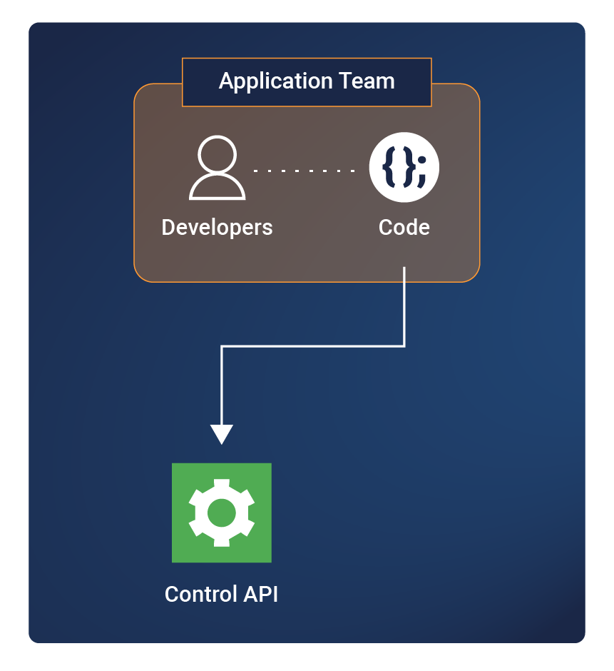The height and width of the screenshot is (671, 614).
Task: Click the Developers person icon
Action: (x=218, y=168)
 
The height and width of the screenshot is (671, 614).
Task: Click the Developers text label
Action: (x=218, y=228)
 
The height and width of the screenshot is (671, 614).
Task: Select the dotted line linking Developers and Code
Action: (x=305, y=171)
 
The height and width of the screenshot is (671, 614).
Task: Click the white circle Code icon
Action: (x=404, y=168)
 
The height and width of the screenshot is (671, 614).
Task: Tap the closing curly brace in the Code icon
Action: (x=407, y=168)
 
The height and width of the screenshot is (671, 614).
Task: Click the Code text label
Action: (x=404, y=228)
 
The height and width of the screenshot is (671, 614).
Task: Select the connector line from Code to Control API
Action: (x=314, y=347)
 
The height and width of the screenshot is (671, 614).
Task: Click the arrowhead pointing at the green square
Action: (x=222, y=433)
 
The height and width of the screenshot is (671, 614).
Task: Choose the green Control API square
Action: (x=222, y=513)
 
